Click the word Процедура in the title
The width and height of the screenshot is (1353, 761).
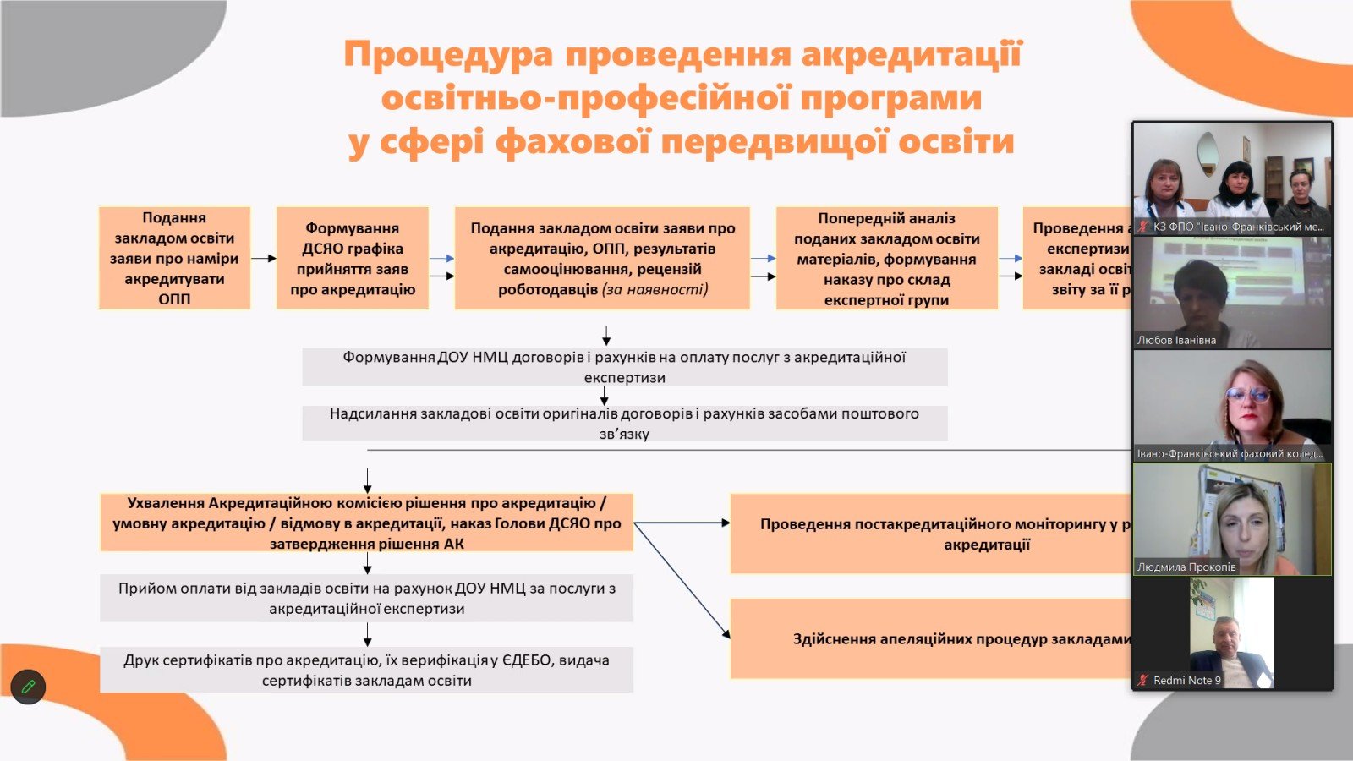pyautogui.click(x=448, y=54)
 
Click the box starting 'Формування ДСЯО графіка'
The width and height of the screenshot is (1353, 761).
pyautogui.click(x=353, y=258)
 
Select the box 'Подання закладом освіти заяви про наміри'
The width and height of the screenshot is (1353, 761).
pyautogui.click(x=174, y=258)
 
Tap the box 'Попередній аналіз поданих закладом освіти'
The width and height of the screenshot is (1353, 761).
pyautogui.click(x=886, y=258)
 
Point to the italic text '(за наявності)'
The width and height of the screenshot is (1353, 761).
pyautogui.click(x=655, y=289)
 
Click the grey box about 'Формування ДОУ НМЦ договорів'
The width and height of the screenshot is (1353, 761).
pyautogui.click(x=624, y=367)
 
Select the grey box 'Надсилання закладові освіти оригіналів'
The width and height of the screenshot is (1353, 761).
pyautogui.click(x=624, y=423)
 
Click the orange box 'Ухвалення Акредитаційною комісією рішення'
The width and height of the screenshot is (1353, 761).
pyautogui.click(x=366, y=523)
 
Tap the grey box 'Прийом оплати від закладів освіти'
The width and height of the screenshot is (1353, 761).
pyautogui.click(x=366, y=598)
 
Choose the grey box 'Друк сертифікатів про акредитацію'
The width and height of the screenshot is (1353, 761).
pyautogui.click(x=366, y=670)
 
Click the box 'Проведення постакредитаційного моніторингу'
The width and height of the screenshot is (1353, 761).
pyautogui.click(x=930, y=534)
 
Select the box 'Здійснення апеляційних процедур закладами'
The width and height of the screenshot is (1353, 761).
pyautogui.click(x=930, y=638)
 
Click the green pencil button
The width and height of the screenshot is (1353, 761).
pyautogui.click(x=28, y=687)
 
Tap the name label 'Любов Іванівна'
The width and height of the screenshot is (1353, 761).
pyautogui.click(x=1176, y=340)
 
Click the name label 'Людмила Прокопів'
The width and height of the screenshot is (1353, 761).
pyautogui.click(x=1186, y=567)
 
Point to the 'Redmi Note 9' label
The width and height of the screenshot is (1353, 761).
pyautogui.click(x=1186, y=680)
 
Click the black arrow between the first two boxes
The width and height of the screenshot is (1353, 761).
pyautogui.click(x=263, y=258)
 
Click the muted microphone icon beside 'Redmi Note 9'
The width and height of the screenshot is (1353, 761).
pyautogui.click(x=1143, y=680)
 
